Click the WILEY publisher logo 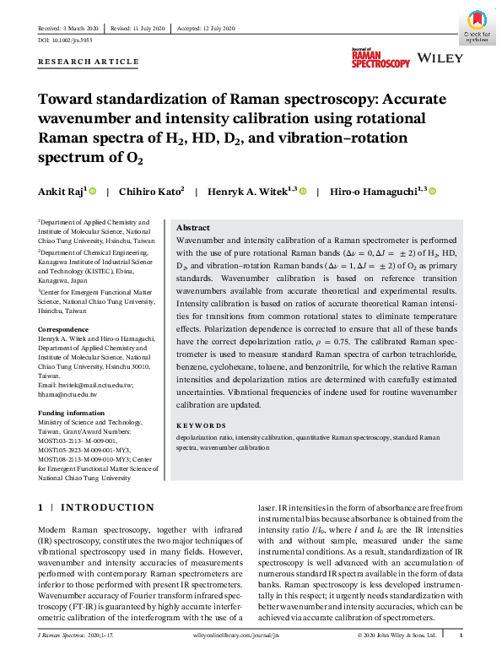tap(442, 61)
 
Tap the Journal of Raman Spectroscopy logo tap(381, 58)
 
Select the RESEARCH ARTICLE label tap(89, 62)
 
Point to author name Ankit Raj tap(62, 192)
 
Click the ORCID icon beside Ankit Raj tap(93, 192)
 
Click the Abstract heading tap(193, 228)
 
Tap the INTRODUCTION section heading tap(105, 507)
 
